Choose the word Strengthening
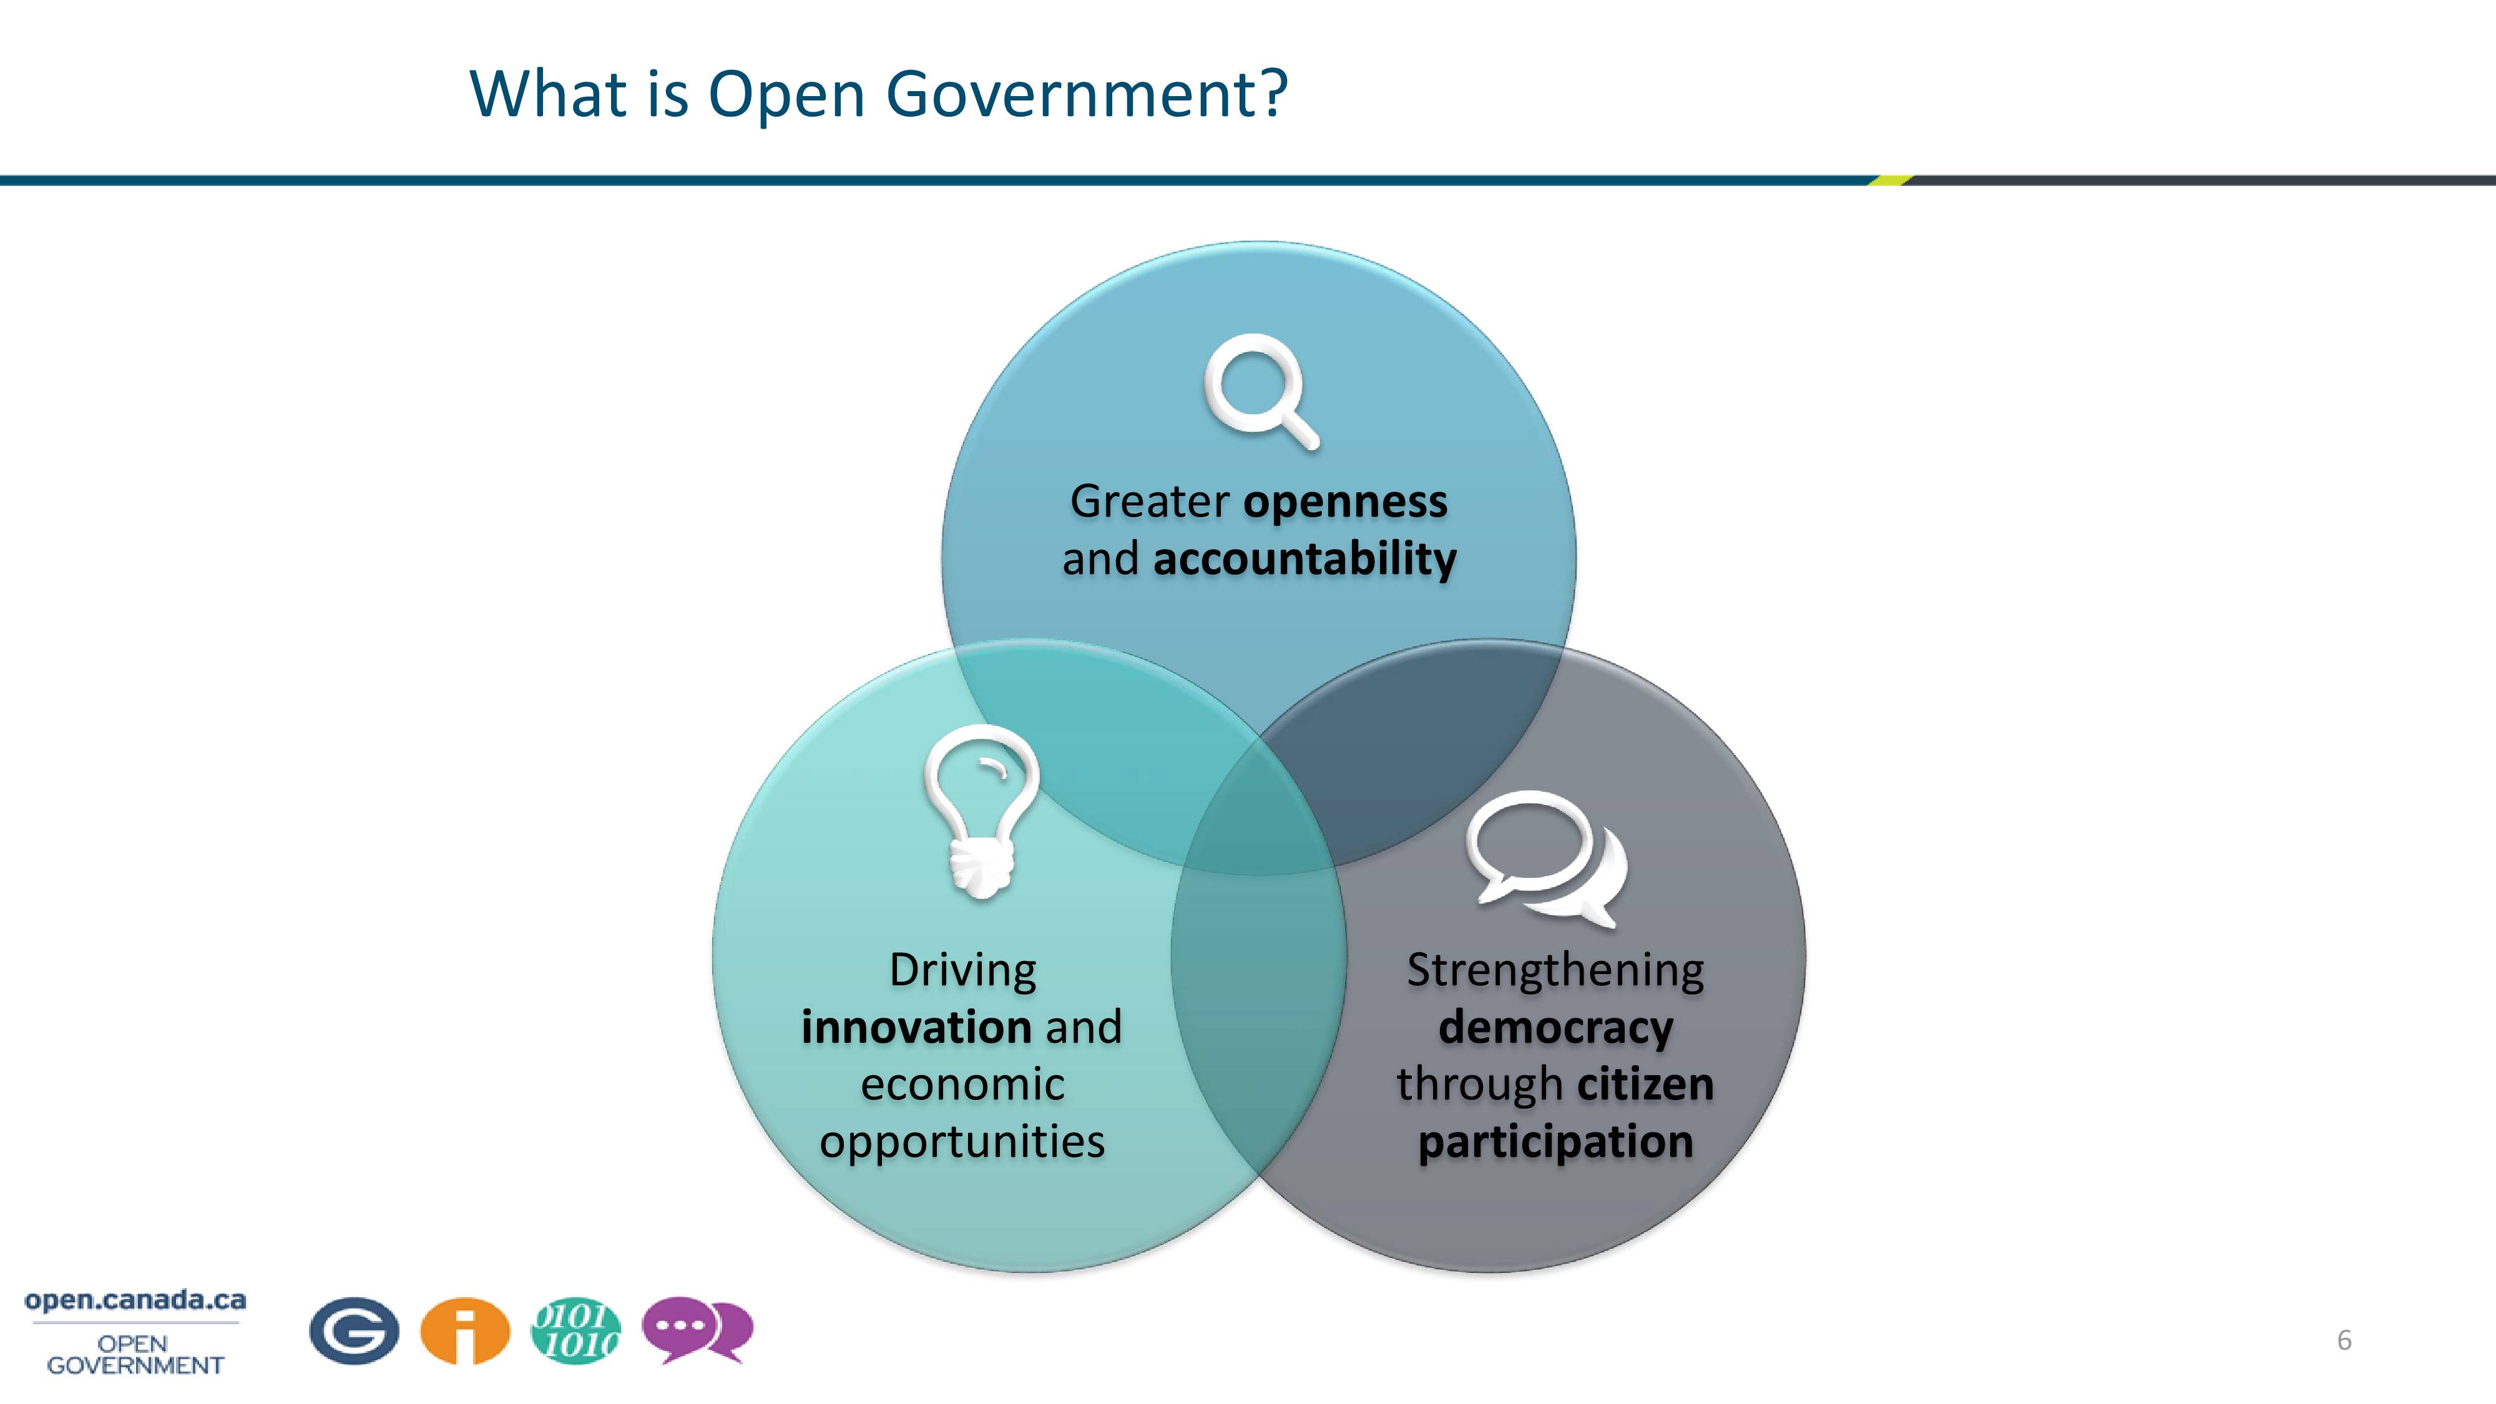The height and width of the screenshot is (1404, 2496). point(1556,972)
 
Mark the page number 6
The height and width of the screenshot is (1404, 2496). point(2344,1341)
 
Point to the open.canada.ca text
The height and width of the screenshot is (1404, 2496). point(135,1300)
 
